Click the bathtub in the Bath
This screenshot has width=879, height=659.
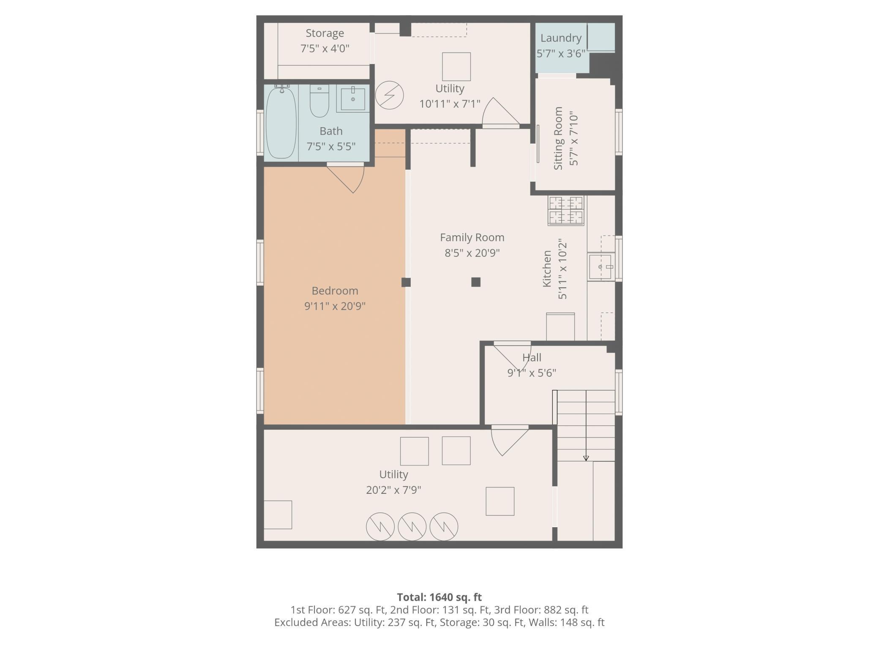coord(281,122)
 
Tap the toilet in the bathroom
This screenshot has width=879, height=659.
coord(319,101)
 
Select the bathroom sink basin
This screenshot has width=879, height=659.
coord(353,99)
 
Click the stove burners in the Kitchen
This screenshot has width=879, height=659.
coord(566,210)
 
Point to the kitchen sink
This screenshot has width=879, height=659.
coord(600,267)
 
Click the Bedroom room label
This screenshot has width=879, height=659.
coord(335,291)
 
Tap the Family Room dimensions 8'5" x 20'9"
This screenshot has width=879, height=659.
coord(472,253)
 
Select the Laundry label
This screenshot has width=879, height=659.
coord(561,38)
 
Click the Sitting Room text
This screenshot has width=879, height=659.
coord(558,138)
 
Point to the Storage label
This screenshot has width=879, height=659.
coord(325,33)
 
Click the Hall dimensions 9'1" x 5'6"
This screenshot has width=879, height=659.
coord(532,373)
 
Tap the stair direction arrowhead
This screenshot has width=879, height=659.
coord(586,458)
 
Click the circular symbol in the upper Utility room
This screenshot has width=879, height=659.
coord(389,95)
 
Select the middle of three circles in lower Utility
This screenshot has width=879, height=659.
coord(412,526)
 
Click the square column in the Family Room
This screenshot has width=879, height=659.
coord(476,282)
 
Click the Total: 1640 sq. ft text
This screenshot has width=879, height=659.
coord(439,597)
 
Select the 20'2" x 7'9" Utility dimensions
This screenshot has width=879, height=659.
coord(393,490)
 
